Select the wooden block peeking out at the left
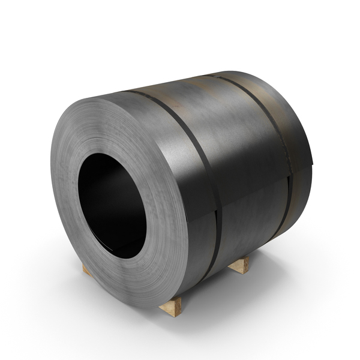click(86, 270)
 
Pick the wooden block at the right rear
click(239, 265)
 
